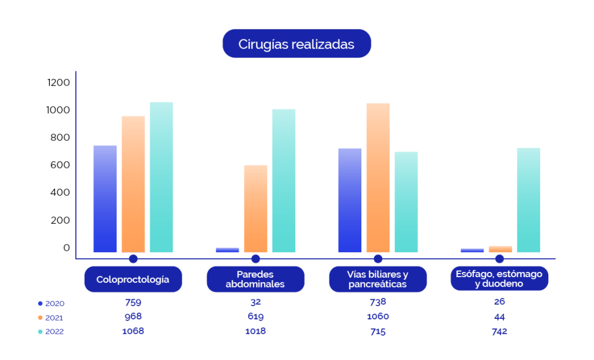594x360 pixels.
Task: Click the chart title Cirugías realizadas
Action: (x=296, y=44)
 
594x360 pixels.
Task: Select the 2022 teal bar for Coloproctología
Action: (x=161, y=177)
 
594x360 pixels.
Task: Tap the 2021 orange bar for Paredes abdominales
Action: (x=256, y=209)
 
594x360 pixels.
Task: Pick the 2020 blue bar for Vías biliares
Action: (x=349, y=200)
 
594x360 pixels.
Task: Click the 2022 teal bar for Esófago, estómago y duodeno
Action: (x=528, y=200)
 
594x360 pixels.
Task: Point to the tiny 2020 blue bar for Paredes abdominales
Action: (x=227, y=250)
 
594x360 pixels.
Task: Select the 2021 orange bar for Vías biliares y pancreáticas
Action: (x=378, y=177)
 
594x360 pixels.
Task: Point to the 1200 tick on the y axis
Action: (x=58, y=82)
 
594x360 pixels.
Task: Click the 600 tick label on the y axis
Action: (x=58, y=165)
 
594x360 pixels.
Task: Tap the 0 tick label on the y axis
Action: (x=66, y=248)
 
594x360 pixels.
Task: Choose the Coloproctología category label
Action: (x=133, y=279)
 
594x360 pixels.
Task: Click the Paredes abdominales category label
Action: (x=255, y=279)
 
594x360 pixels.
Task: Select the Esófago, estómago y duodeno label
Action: (x=499, y=279)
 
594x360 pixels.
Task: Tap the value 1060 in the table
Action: (x=378, y=317)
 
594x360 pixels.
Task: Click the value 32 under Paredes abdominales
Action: (x=255, y=301)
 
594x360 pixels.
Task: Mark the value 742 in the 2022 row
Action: (x=499, y=331)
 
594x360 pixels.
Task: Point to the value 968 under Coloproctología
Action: (x=133, y=317)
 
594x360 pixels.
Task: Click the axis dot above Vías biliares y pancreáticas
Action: (x=378, y=259)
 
